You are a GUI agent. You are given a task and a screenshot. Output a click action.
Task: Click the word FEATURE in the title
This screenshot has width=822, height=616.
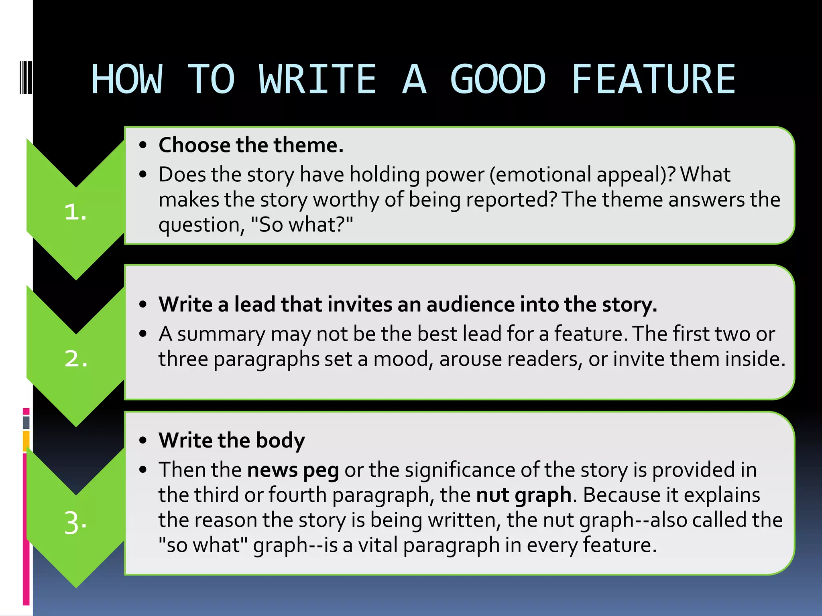click(653, 79)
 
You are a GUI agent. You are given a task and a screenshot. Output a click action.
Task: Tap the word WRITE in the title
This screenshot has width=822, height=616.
click(317, 79)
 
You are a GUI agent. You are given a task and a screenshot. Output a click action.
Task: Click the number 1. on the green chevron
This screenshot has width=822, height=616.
click(75, 212)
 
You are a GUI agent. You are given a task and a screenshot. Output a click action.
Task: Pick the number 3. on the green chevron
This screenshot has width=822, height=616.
click(75, 523)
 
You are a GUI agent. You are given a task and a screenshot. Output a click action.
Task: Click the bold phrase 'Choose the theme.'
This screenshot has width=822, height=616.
click(251, 145)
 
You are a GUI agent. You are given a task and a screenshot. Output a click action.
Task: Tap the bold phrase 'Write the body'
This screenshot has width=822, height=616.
click(232, 440)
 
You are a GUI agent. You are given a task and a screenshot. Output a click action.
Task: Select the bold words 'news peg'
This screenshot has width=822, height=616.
click(293, 470)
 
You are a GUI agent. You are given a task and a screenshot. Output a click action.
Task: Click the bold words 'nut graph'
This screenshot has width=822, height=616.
click(523, 494)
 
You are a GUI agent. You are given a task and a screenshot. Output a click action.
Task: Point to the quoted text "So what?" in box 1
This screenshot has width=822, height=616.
click(301, 225)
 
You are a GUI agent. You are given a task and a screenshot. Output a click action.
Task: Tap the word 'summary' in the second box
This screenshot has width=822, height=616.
click(221, 334)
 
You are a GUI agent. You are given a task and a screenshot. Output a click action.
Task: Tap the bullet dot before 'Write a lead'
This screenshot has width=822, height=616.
click(143, 304)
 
